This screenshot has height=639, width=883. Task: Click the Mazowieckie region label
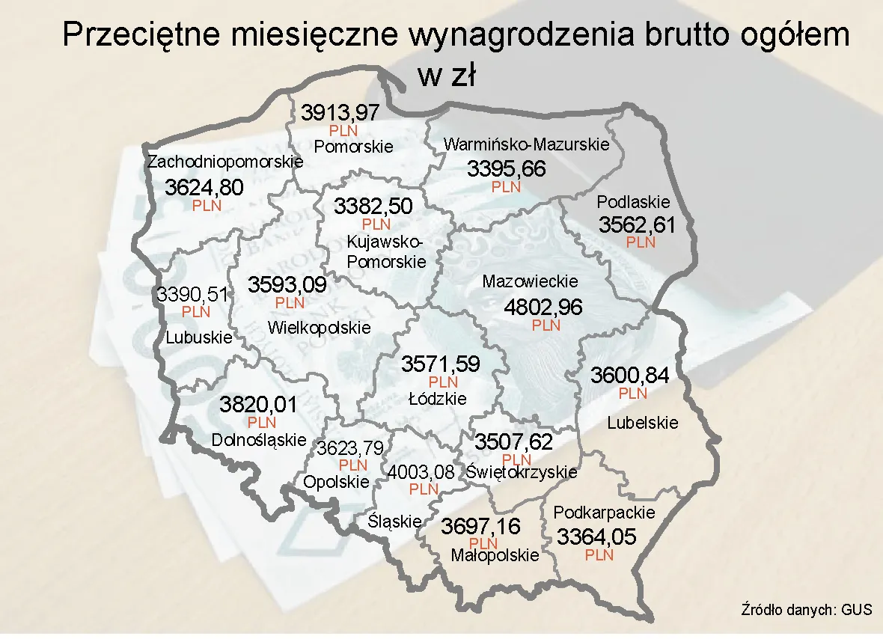click(530, 282)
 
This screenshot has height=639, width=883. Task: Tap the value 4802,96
click(543, 308)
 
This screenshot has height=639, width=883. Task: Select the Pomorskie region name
click(353, 146)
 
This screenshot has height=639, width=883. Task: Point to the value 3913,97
click(340, 113)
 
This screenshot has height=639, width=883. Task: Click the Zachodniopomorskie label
click(225, 162)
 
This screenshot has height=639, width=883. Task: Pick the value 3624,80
click(204, 187)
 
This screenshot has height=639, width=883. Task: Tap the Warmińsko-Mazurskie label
click(527, 144)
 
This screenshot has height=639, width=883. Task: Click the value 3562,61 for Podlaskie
click(637, 224)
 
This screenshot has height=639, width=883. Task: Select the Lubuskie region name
click(199, 337)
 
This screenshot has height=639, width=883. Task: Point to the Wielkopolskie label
click(319, 328)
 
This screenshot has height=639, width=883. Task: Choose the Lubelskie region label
click(643, 423)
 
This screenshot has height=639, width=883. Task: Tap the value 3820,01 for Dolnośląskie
click(258, 406)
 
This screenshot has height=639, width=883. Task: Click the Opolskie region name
click(336, 482)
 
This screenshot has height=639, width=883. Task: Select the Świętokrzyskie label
click(522, 472)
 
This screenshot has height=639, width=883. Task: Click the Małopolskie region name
click(495, 555)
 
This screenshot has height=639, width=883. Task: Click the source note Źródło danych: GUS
click(807, 609)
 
